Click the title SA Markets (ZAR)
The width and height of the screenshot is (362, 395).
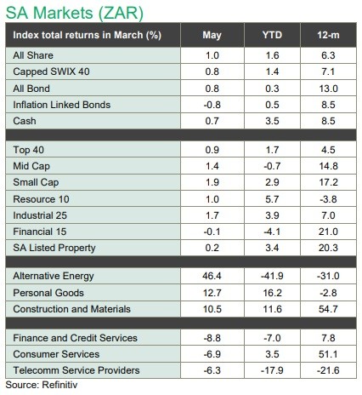pos(75,13)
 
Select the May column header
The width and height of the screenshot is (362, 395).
pos(212,35)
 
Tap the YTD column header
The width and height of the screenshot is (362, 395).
pos(272,35)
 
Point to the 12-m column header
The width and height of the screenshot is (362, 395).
pos(328,35)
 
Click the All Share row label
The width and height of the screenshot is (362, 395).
pos(33,55)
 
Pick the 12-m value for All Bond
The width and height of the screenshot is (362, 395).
pos(328,89)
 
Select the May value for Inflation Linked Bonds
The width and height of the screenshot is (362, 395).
pos(212,105)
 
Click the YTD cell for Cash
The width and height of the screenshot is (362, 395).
pos(272,121)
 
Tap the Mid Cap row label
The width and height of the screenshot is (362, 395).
pos(31,166)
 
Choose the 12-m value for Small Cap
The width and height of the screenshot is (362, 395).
pos(328,182)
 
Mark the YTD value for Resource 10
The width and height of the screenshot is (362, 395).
pos(272,199)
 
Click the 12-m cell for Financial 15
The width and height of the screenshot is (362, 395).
pos(328,232)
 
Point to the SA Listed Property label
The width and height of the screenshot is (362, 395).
pos(54,248)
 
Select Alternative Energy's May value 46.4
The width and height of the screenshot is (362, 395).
pos(212,276)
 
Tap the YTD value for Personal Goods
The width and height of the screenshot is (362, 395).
pos(272,293)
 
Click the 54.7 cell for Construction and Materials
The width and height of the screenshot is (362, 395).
pos(328,309)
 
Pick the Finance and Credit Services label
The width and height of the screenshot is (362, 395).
pos(75,338)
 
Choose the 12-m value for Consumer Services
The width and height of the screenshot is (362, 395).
pos(328,354)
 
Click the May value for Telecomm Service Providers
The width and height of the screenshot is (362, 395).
pos(212,370)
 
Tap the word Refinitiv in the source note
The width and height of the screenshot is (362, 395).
pos(59,385)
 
